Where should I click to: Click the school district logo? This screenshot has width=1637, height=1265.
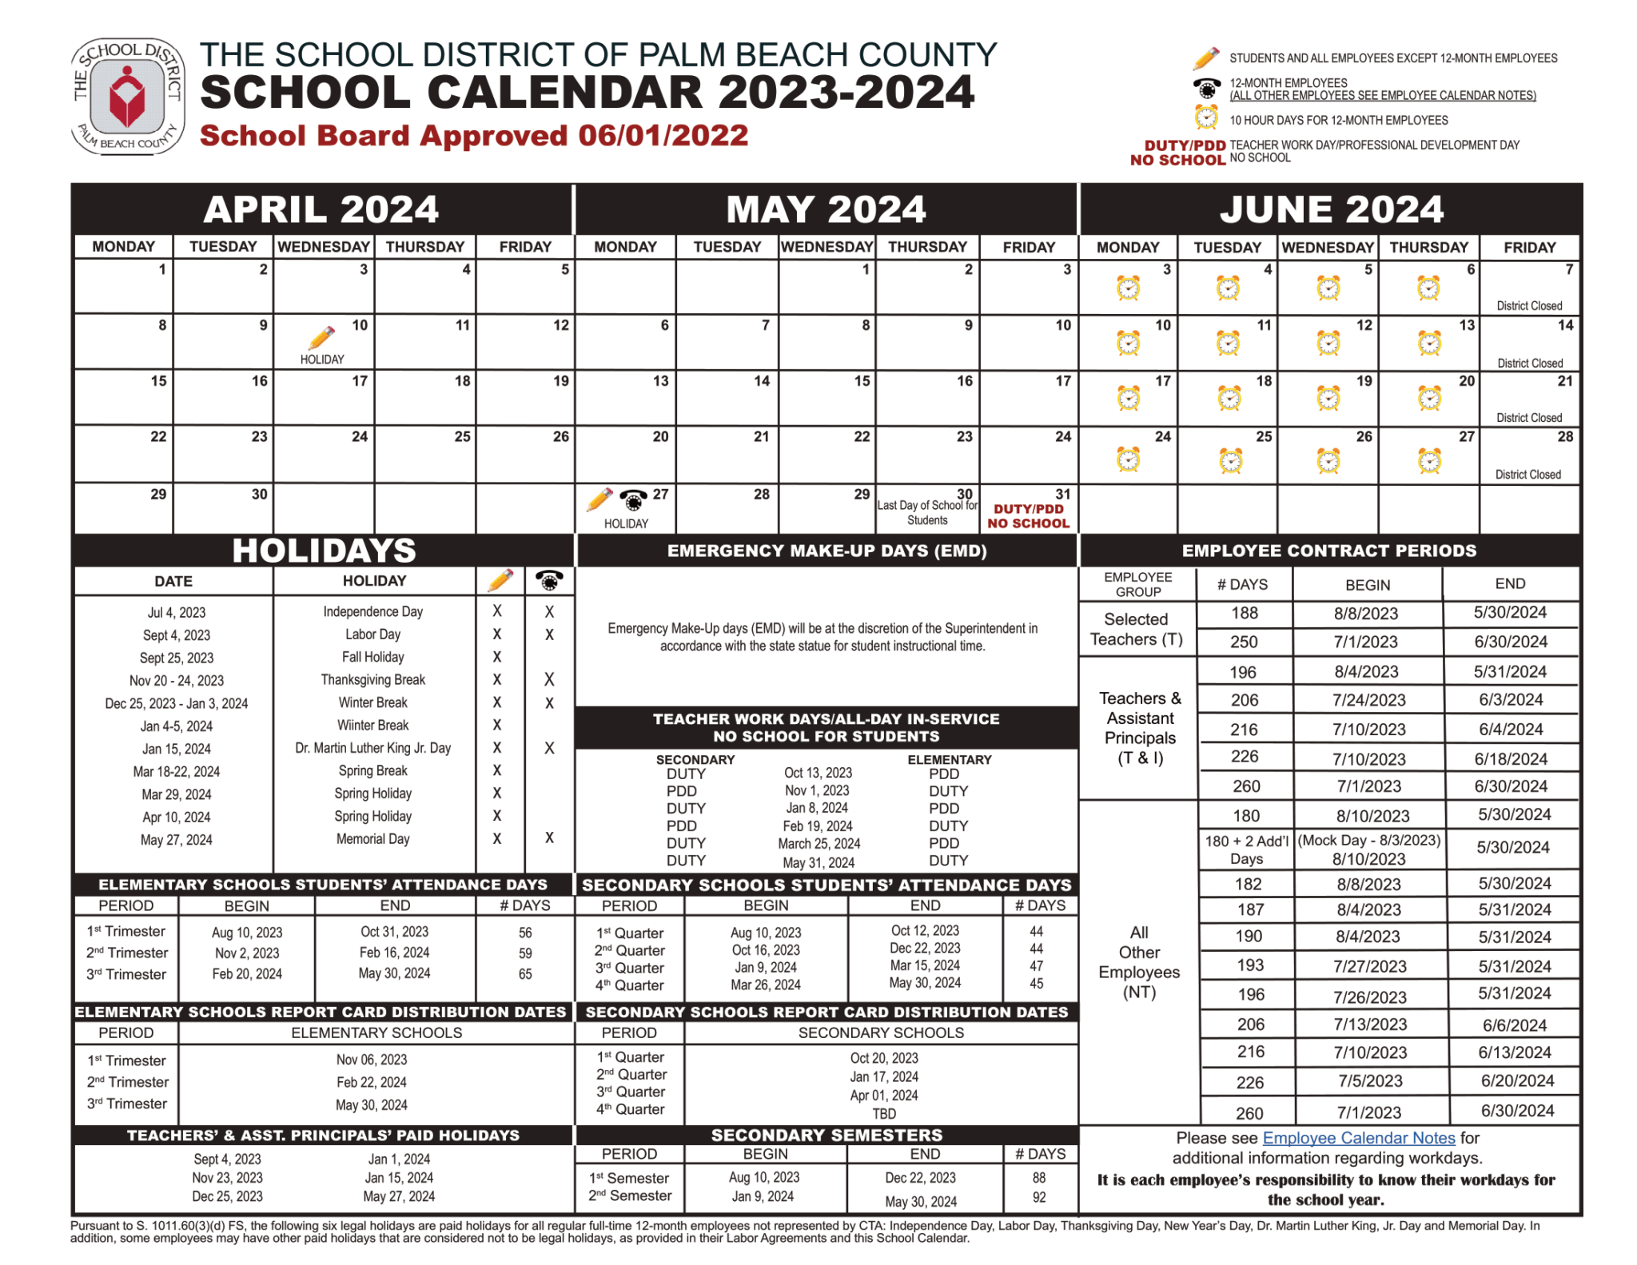128,96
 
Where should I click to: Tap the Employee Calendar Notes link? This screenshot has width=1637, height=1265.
1358,1137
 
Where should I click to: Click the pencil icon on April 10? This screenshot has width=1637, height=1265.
321,338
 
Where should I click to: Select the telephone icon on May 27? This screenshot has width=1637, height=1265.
633,500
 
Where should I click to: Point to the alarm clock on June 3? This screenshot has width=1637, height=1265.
1128,288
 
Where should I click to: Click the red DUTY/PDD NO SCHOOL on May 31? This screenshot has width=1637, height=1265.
1028,516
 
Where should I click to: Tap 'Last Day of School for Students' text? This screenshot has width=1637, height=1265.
927,512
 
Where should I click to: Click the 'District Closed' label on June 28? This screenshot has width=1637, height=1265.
1527,474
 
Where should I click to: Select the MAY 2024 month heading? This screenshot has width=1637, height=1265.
826,209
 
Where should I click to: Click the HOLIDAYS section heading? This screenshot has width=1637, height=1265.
324,551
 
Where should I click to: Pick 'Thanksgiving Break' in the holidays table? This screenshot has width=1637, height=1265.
372,679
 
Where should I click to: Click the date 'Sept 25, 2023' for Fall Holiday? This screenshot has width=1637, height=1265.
177,658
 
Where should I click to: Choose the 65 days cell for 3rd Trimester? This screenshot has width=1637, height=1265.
524,974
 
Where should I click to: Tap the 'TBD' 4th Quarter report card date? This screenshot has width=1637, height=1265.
883,1113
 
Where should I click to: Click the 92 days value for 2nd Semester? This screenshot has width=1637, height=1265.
1038,1197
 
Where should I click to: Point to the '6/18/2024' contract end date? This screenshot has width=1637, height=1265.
1510,758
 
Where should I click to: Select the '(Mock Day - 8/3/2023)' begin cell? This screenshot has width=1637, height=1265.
1368,841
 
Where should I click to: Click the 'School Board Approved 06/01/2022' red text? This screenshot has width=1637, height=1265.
473,136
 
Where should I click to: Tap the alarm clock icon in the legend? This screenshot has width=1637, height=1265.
1205,118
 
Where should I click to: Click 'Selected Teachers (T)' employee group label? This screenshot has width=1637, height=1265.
1136,629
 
